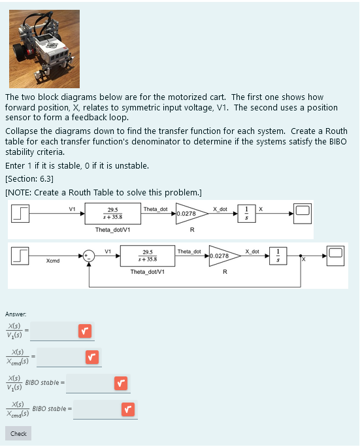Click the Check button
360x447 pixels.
[18, 433]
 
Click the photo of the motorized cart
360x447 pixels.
[44, 49]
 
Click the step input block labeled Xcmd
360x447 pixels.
[24, 256]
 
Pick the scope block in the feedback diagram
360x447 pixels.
[336, 256]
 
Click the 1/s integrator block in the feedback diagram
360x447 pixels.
[278, 256]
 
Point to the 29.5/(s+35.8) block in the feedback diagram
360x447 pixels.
[147, 256]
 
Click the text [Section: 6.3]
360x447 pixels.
[29, 178]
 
